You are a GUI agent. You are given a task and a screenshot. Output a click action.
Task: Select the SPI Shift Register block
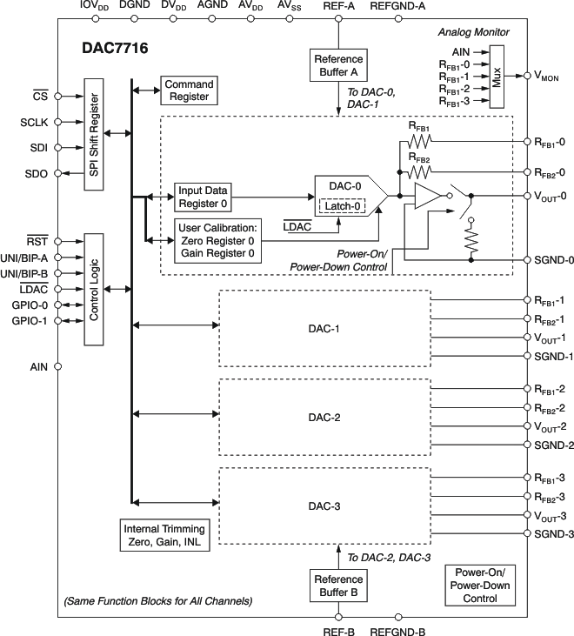94,133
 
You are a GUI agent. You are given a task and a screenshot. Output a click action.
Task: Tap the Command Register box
187,90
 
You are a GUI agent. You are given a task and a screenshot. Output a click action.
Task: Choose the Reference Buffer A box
338,65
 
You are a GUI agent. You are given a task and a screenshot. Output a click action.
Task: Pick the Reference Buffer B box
338,584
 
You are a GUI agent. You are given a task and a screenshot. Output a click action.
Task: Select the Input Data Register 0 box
204,197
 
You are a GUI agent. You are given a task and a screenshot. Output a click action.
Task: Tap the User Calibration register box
217,240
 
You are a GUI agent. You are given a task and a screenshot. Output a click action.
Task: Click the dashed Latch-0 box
342,205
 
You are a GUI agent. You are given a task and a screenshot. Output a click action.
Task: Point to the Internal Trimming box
164,535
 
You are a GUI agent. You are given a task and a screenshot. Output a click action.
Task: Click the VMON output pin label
548,77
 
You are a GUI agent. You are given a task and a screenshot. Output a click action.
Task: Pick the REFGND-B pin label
397,632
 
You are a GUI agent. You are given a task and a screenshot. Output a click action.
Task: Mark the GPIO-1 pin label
30,321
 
